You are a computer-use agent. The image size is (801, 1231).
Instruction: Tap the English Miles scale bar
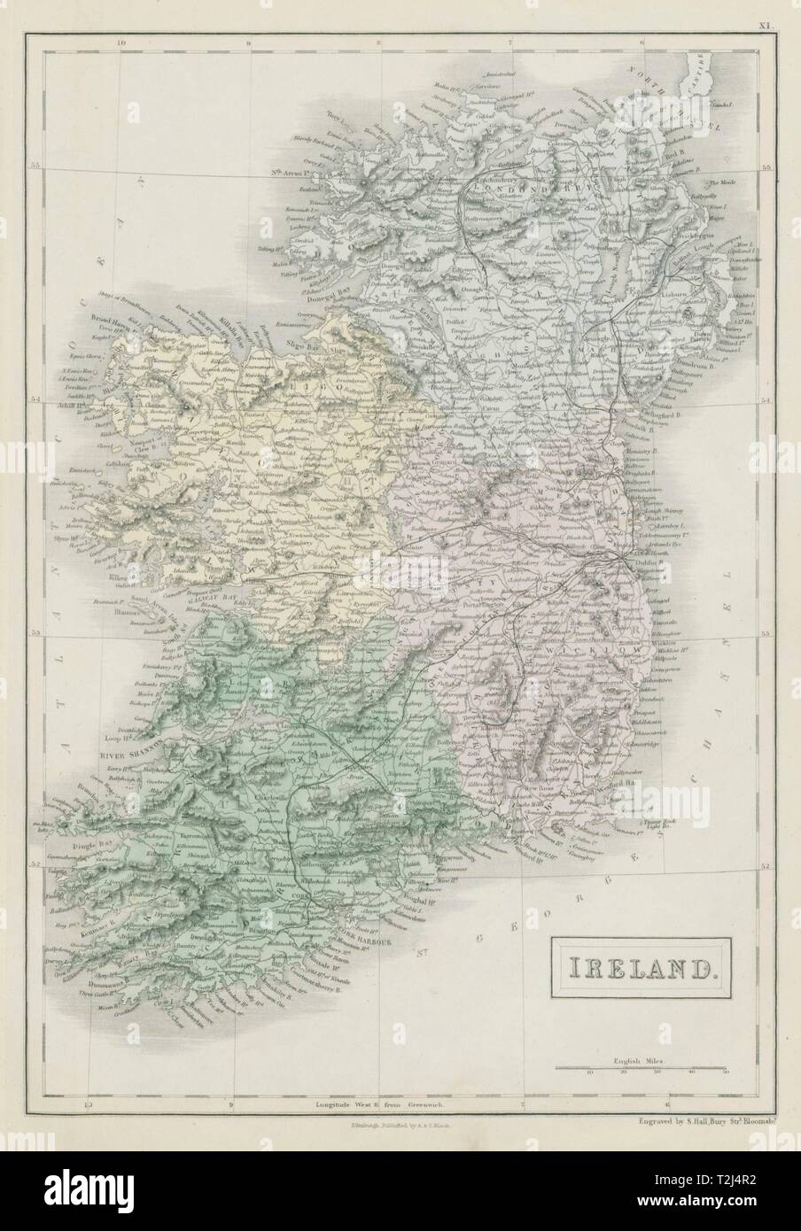click(x=642, y=1070)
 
